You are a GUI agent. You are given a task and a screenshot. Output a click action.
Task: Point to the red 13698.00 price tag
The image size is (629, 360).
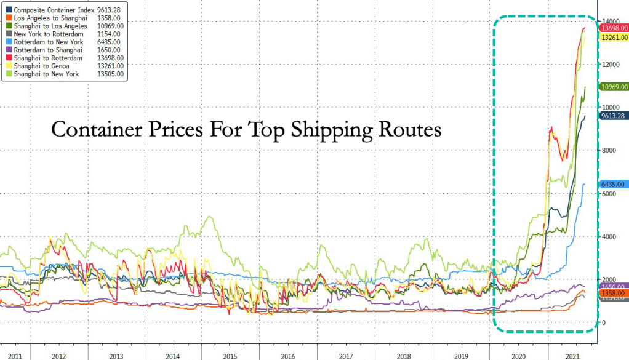pyautogui.click(x=613, y=28)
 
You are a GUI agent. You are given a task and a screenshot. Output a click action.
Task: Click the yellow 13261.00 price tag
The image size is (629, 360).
pyautogui.click(x=613, y=38)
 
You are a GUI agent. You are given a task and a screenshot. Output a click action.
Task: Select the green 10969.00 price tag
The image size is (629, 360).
pyautogui.click(x=613, y=87)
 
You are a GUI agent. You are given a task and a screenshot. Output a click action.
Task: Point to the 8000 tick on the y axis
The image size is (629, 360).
pyautogui.click(x=609, y=151)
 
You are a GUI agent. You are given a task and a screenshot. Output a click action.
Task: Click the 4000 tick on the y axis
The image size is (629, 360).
pyautogui.click(x=609, y=237)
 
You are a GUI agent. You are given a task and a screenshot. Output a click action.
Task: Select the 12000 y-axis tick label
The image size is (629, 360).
pyautogui.click(x=611, y=65)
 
